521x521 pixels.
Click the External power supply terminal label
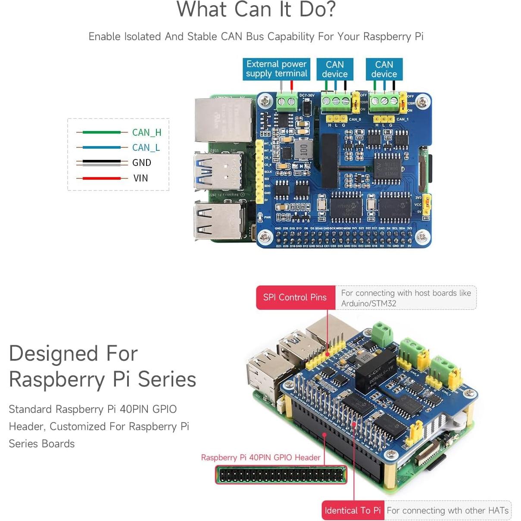[276, 69]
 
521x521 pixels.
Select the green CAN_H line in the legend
[102, 132]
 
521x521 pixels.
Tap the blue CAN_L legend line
[102, 147]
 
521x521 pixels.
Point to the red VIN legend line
[102, 178]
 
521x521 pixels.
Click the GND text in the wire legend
[141, 163]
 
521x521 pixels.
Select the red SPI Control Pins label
[295, 297]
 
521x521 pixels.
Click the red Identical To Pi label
[353, 511]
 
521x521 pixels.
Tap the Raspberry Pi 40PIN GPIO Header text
[261, 458]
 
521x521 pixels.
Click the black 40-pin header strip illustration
[281, 475]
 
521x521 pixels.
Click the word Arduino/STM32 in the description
[368, 303]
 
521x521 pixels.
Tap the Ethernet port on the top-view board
[223, 120]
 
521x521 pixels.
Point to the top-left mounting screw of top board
[265, 102]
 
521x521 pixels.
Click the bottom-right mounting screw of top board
[422, 237]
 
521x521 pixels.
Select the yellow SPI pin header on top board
[259, 172]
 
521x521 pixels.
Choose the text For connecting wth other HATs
[447, 511]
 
